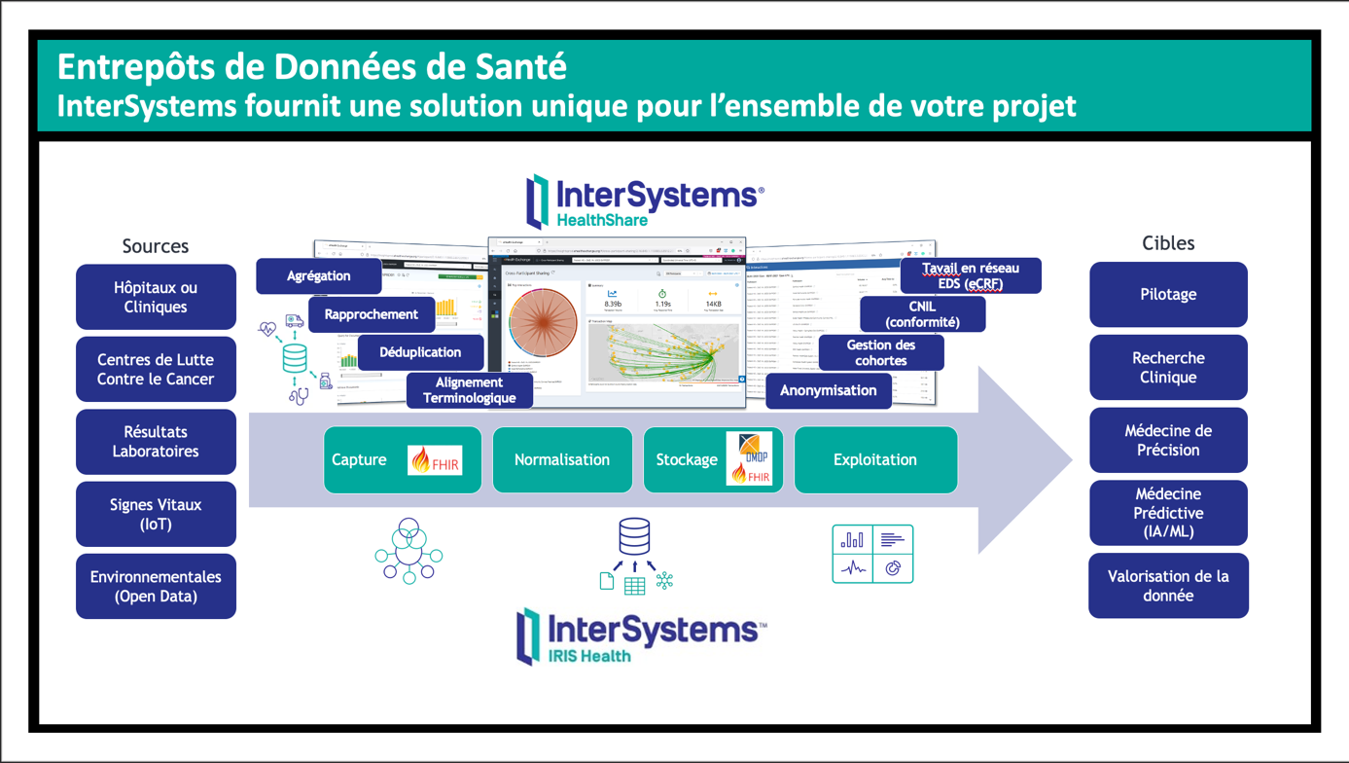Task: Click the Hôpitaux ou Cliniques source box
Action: click(x=156, y=297)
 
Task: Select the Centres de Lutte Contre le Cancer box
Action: click(x=156, y=369)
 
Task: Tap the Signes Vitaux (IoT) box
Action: click(x=156, y=514)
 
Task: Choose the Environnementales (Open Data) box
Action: click(x=156, y=586)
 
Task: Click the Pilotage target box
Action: click(x=1168, y=294)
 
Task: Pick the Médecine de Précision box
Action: click(x=1168, y=440)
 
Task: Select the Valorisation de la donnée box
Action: click(x=1168, y=586)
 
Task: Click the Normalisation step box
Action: click(x=562, y=459)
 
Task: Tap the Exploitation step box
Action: click(x=875, y=459)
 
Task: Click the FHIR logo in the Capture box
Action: click(x=435, y=460)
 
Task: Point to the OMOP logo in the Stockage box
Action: click(x=751, y=448)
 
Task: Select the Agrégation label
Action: click(x=318, y=276)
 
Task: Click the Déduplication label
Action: click(x=420, y=352)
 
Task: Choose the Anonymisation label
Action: click(x=829, y=390)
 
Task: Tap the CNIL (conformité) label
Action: click(x=922, y=314)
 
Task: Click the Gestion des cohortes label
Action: click(x=881, y=352)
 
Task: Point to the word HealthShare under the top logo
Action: click(x=602, y=220)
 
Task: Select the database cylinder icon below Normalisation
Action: click(x=634, y=536)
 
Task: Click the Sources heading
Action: click(x=156, y=246)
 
